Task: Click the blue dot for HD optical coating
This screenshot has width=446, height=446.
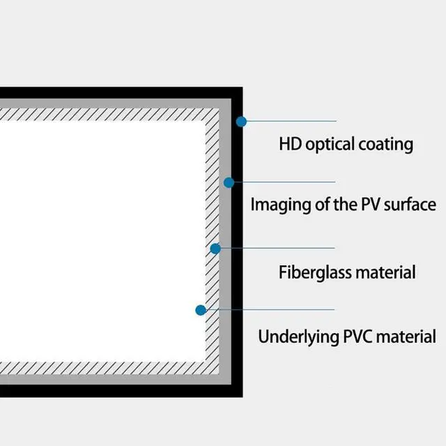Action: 241,121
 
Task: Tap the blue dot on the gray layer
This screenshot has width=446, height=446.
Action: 228,183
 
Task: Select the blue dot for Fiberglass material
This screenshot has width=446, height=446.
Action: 215,248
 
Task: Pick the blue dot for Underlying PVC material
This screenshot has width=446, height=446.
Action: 201,309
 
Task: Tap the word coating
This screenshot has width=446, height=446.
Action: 386,145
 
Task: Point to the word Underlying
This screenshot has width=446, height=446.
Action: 298,337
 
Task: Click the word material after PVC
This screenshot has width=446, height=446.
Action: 407,337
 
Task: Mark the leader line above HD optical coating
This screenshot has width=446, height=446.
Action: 293,121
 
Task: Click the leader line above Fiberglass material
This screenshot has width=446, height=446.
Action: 279,248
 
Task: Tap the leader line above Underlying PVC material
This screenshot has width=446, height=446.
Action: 272,309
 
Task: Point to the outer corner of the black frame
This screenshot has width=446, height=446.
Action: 241,89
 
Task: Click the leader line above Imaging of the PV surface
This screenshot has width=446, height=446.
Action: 286,183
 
